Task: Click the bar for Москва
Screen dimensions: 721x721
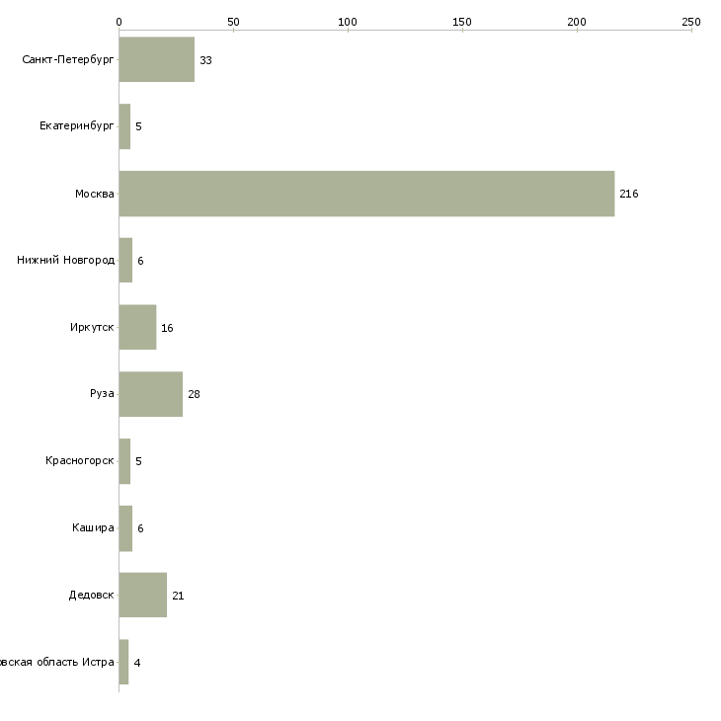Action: [x=366, y=194]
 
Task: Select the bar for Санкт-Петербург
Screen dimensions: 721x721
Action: [x=156, y=60]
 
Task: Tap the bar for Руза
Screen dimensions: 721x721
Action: [x=150, y=394]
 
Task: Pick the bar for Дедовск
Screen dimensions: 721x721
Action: [x=142, y=596]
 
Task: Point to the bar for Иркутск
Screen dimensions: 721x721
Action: [x=137, y=328]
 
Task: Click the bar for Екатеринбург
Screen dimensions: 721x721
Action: [x=124, y=126]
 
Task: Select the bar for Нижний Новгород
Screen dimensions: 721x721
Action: [x=125, y=261]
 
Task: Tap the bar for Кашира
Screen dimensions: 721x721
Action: [x=125, y=528]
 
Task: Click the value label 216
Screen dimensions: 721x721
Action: [x=629, y=195]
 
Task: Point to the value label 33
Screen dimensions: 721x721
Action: [x=205, y=61]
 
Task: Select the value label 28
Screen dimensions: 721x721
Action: [x=194, y=395]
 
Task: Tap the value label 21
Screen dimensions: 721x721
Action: [x=178, y=597]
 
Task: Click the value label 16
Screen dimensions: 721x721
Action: [x=167, y=328]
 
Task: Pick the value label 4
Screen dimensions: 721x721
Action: [x=136, y=663]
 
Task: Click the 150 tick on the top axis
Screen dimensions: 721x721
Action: [x=462, y=21]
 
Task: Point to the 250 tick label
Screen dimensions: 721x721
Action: [x=691, y=21]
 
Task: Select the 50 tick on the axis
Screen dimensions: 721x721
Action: [x=233, y=21]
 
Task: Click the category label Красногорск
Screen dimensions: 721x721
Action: [x=79, y=461]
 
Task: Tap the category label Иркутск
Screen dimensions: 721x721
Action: [x=91, y=328]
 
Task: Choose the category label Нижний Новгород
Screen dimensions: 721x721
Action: [x=65, y=261]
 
